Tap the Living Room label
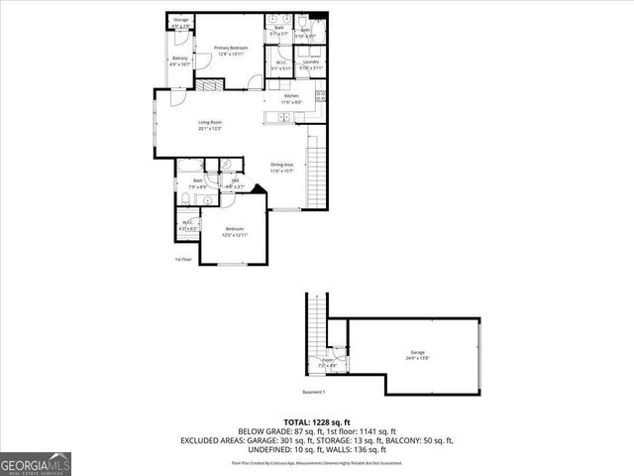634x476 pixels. point(209,125)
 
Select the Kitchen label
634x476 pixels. point(291,97)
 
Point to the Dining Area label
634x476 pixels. point(282,167)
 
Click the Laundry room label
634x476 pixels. point(310,64)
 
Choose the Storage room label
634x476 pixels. point(180,22)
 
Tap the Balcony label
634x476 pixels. point(180,60)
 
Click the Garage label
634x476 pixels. point(418,355)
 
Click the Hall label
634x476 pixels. point(235,182)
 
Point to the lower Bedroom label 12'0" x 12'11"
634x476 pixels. point(234,231)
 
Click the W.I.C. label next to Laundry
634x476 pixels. point(281,64)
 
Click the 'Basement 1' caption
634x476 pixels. point(314,392)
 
